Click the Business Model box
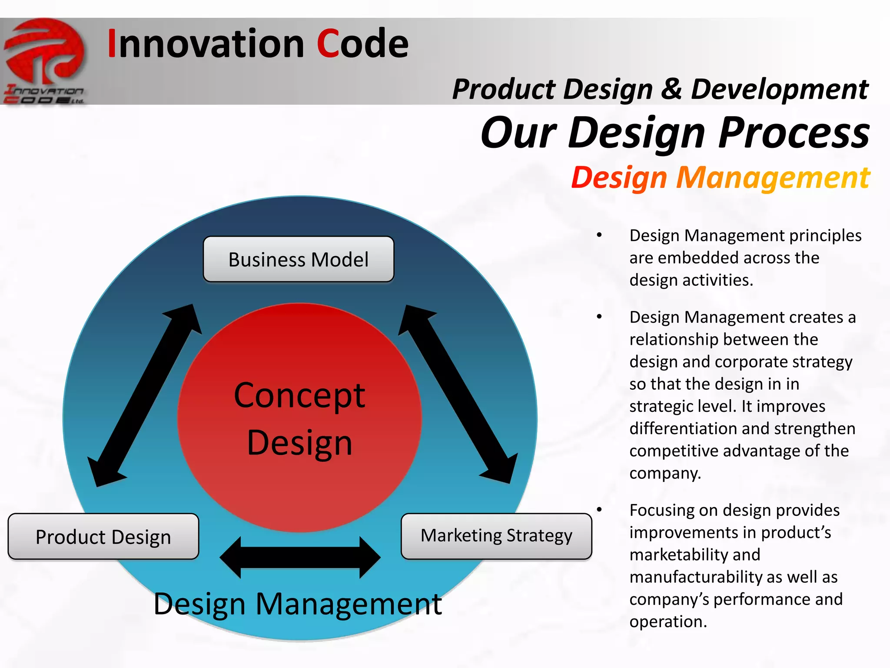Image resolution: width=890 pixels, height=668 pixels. [x=299, y=260]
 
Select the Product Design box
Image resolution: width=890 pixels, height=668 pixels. [x=103, y=537]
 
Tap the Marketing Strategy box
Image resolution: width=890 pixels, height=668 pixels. [x=496, y=536]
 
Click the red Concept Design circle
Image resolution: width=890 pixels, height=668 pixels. [x=299, y=417]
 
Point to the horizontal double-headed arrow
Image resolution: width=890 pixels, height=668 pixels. [x=300, y=557]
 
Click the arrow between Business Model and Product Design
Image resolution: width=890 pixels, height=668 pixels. [x=145, y=395]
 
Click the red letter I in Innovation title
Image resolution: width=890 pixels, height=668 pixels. [x=112, y=43]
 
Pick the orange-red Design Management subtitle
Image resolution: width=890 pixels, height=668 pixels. [x=720, y=178]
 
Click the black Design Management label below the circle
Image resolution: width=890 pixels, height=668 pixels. [x=298, y=604]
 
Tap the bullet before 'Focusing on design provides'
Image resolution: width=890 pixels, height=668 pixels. [x=599, y=509]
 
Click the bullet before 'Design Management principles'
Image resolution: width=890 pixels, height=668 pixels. [x=599, y=235]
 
